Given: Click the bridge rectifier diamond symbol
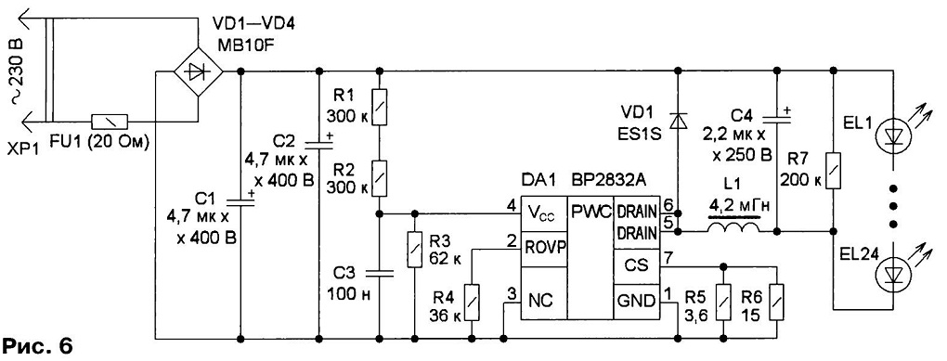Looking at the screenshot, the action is [198, 71].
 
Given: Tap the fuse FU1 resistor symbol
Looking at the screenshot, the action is [110, 121].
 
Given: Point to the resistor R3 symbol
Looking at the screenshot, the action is [415, 251].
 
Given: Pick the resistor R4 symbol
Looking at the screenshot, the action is [471, 303].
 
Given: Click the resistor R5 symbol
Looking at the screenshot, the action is [723, 303].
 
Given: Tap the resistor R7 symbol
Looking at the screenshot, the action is [834, 171].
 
